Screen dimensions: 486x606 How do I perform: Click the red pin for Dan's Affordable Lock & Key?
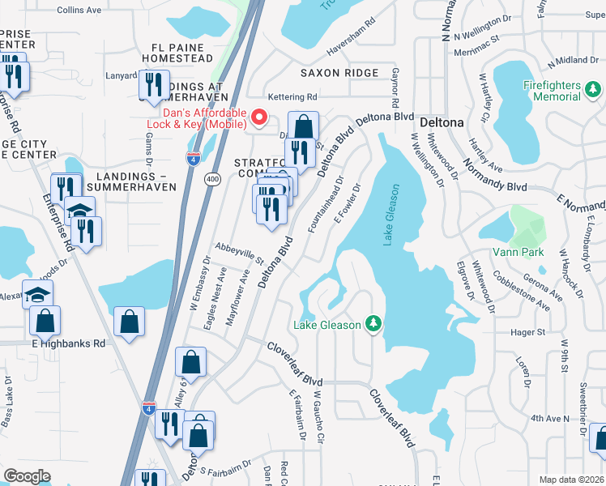(x=260, y=117)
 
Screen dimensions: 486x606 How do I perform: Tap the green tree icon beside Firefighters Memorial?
(x=593, y=89)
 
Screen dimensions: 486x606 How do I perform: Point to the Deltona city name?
(x=442, y=123)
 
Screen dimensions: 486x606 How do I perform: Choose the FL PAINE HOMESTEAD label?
(x=177, y=53)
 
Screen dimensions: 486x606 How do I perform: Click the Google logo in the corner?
(x=28, y=476)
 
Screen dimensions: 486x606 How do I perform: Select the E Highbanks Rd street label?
(x=69, y=343)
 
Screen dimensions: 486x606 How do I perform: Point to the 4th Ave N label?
(x=551, y=418)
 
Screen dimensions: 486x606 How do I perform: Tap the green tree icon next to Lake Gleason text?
(x=373, y=325)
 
